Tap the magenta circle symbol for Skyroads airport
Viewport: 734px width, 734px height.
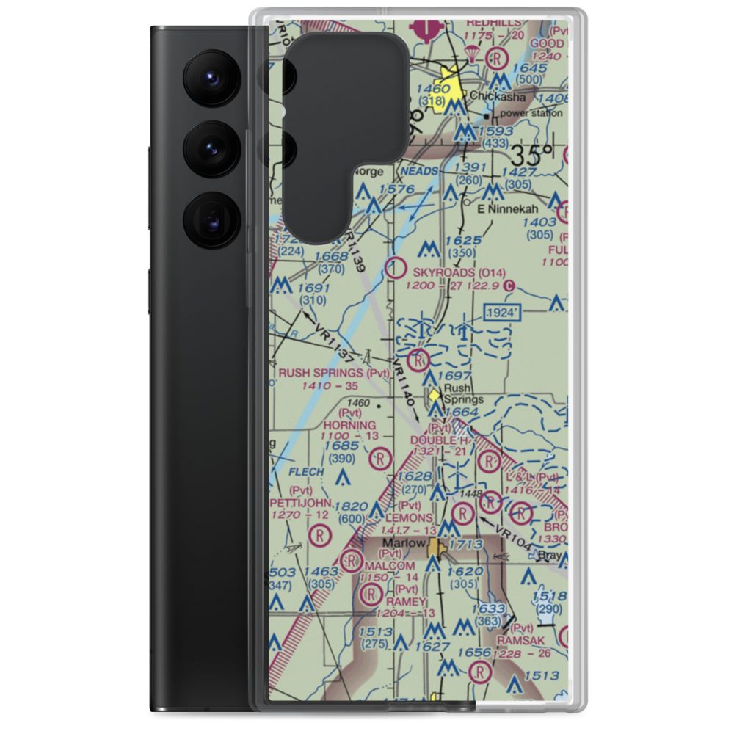396,269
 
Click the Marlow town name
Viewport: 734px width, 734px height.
404,543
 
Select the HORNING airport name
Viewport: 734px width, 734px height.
349,425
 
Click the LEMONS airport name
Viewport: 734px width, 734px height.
409,517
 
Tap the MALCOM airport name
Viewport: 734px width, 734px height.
390,566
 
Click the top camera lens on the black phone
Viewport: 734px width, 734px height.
210,76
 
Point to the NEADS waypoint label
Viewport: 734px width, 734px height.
418,170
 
